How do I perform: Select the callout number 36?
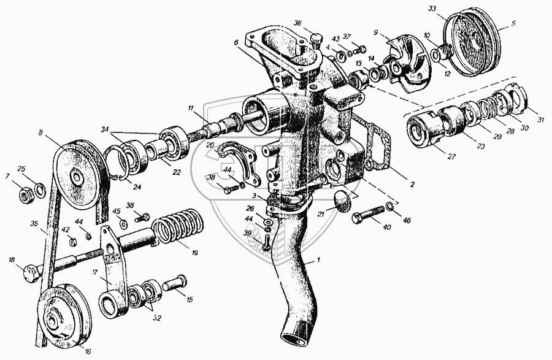pyautogui.click(x=297, y=23)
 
